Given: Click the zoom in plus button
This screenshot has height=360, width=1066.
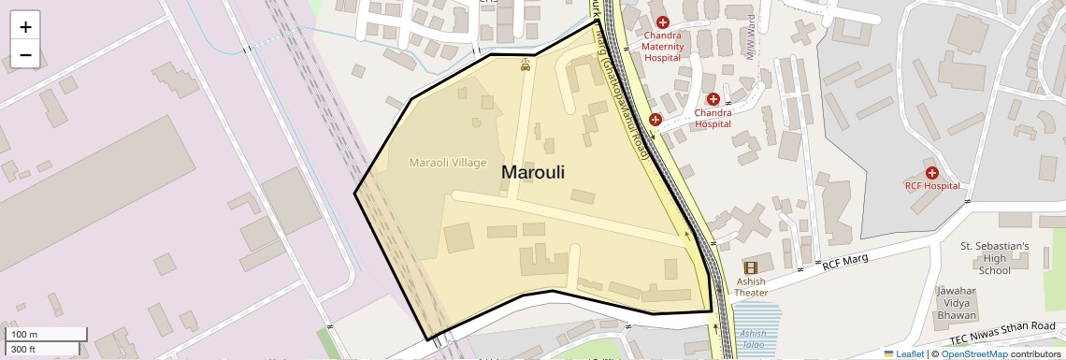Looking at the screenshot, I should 25,27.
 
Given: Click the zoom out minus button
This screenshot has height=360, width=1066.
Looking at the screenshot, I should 25,54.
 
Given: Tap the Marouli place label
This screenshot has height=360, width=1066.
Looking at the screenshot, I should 533,172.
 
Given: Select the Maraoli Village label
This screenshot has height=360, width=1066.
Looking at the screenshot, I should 448,163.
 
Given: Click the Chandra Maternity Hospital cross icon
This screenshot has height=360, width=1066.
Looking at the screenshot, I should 663,22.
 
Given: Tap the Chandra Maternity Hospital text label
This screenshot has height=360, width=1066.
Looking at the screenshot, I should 663,46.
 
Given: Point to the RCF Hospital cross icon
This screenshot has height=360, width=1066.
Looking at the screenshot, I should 931,172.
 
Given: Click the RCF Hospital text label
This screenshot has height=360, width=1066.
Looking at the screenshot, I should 931,186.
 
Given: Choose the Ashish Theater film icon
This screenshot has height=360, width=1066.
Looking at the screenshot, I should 750,268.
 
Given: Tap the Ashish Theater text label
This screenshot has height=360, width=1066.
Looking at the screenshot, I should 751,287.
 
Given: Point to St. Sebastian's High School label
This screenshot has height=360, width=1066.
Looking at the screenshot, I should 994,258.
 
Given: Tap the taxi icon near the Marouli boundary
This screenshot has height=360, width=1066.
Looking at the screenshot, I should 526,65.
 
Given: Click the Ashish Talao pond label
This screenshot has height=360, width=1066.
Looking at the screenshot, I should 753,338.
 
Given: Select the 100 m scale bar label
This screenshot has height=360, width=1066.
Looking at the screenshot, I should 23,335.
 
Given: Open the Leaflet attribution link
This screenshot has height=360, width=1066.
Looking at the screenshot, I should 903,353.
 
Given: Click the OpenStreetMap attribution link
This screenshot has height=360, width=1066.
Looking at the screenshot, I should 973,353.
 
